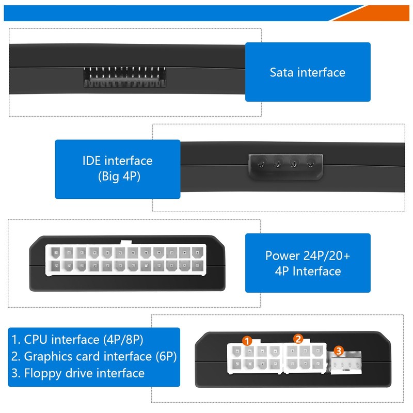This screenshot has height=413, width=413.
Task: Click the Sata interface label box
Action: pyautogui.click(x=308, y=72)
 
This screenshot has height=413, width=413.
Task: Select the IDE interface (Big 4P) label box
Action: pyautogui.click(x=118, y=169)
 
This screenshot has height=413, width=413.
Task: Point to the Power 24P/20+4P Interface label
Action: pyautogui.click(x=308, y=263)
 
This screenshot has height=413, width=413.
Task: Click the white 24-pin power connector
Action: pyautogui.click(x=125, y=260)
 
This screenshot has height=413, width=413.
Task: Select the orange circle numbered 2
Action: pyautogui.click(x=298, y=339)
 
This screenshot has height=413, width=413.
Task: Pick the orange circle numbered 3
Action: pyautogui.click(x=338, y=351)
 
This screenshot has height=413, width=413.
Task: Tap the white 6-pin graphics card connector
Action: pyautogui.click(x=305, y=357)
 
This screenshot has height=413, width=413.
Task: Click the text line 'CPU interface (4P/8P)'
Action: pyautogui.click(x=77, y=340)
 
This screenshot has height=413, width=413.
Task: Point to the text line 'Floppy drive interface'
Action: pyautogui.click(x=78, y=373)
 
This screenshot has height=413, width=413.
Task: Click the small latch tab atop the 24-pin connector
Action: pyautogui.click(x=125, y=243)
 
